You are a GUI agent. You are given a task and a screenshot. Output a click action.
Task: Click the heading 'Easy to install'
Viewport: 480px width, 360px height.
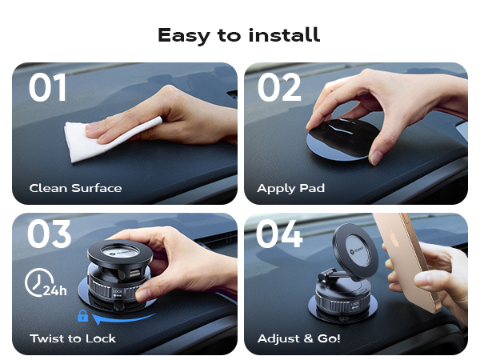(239, 35)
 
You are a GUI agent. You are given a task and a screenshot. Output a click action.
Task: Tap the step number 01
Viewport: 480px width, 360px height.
(48, 88)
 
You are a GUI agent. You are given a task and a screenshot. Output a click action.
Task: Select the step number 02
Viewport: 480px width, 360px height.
(279, 88)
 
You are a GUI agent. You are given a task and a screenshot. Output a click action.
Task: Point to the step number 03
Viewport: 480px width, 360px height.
(49, 234)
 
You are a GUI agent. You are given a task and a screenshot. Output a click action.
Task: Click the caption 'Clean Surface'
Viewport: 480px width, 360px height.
(75, 189)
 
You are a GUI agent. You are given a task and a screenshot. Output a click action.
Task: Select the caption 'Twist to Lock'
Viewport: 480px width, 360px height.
(73, 338)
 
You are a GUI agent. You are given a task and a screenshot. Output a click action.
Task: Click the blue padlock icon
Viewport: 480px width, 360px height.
(82, 317)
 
